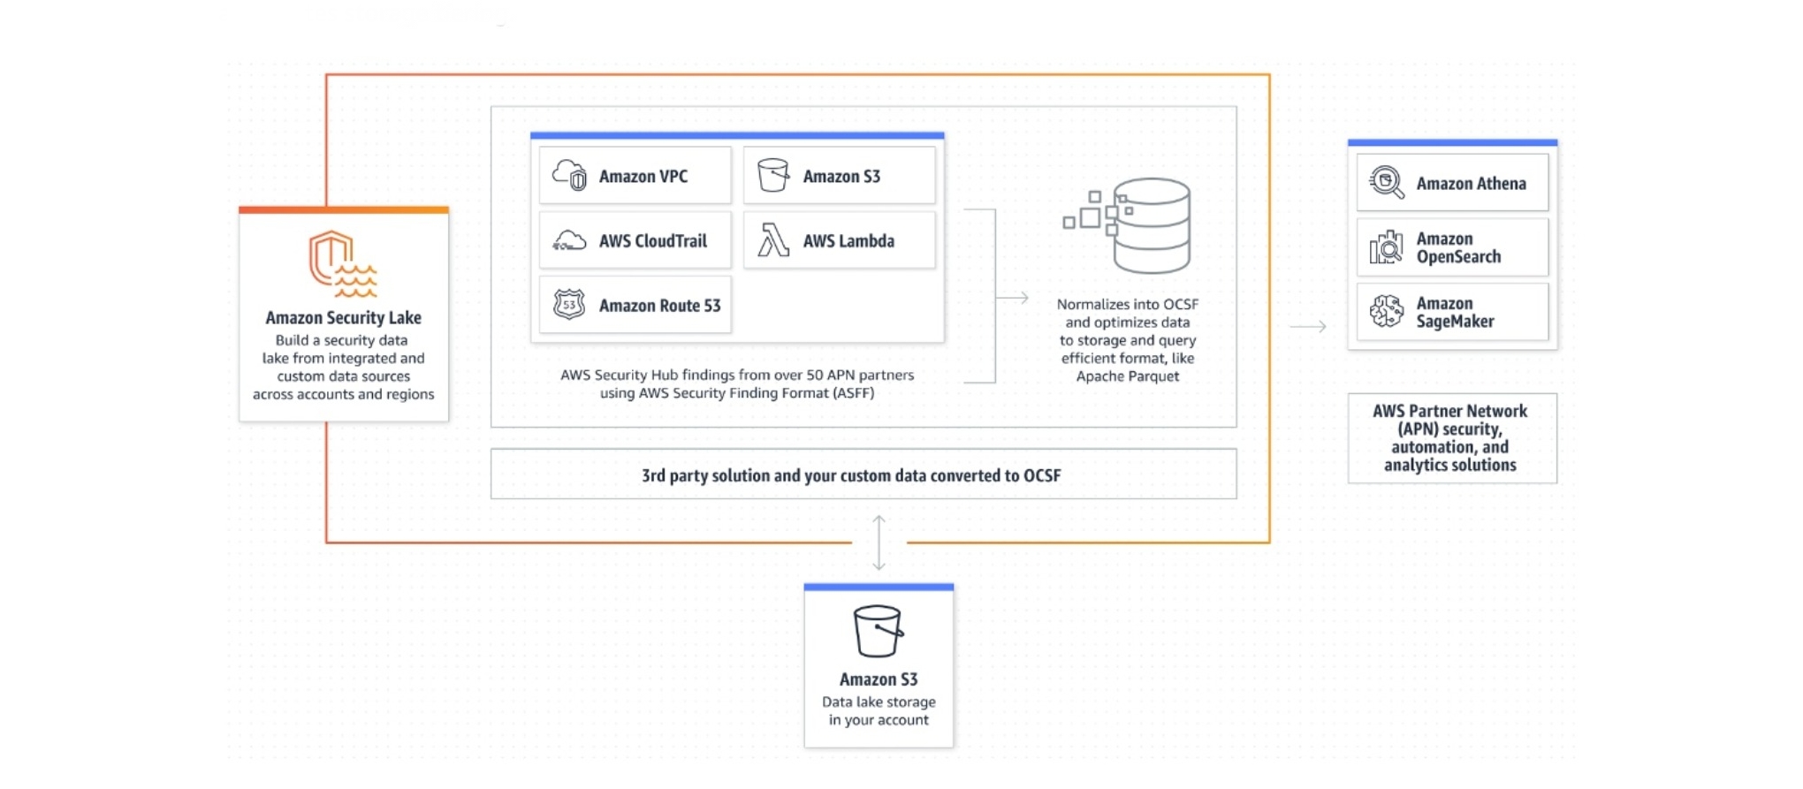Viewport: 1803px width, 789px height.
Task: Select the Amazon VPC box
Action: (635, 176)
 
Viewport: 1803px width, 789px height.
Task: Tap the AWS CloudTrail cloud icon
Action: (569, 240)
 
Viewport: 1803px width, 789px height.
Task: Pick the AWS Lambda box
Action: (839, 240)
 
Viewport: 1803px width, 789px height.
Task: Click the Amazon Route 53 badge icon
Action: (569, 305)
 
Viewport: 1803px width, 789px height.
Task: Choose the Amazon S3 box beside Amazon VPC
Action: (839, 176)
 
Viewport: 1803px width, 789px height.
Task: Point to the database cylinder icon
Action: (1151, 225)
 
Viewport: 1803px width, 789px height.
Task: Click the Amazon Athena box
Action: (1452, 183)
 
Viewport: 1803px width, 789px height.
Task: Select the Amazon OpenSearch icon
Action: (1386, 247)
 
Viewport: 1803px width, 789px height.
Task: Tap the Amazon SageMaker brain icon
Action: (1386, 312)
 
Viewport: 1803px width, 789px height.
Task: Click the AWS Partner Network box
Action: (1451, 438)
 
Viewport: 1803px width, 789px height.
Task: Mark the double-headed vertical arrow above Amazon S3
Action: (879, 542)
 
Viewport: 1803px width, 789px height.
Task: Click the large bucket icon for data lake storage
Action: (878, 631)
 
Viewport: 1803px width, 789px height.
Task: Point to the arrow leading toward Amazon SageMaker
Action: (1308, 326)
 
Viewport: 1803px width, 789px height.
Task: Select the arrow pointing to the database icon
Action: (1013, 298)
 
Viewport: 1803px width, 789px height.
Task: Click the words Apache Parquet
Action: (1128, 376)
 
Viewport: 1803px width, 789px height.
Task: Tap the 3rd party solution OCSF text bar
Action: (850, 475)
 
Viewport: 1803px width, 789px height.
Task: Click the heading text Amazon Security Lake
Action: (343, 317)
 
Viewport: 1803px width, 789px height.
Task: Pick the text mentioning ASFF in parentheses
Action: (737, 393)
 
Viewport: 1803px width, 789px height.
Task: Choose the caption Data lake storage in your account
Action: (879, 710)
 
